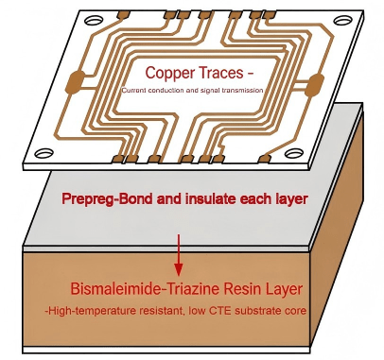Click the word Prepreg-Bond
pyautogui.click(x=103, y=200)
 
